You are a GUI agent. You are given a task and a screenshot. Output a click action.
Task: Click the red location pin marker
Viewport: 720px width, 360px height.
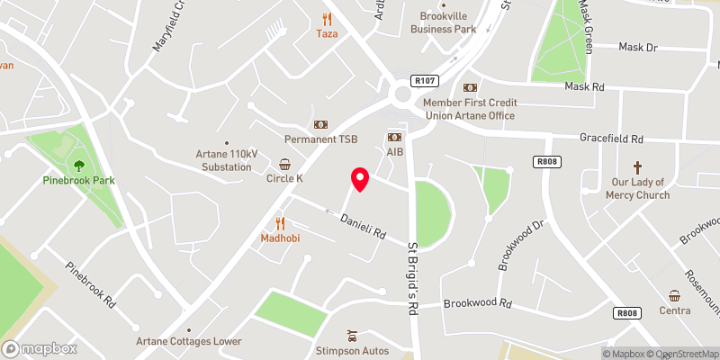[359, 179]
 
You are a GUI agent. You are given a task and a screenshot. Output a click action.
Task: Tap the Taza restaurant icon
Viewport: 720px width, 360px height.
[327, 18]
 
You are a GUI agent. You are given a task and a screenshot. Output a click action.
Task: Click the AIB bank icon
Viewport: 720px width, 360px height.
[394, 136]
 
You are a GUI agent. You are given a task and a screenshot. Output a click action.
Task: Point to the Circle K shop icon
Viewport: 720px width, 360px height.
[284, 164]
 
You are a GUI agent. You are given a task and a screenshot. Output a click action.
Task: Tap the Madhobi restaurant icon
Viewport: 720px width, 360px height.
[280, 222]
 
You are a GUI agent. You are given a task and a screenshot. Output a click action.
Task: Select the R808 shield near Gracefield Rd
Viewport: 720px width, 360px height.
[542, 162]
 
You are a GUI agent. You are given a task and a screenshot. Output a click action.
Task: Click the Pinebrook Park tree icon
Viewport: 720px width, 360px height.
[79, 165]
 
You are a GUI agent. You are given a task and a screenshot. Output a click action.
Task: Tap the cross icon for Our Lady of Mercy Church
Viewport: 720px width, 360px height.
[638, 167]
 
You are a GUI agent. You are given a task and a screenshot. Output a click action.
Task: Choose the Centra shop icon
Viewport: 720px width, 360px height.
[674, 295]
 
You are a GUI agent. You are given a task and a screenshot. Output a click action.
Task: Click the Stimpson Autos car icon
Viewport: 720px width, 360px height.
[351, 334]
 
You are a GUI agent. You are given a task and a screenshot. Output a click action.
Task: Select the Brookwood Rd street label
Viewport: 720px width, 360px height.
[477, 303]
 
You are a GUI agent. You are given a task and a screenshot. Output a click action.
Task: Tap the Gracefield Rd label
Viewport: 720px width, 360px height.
[611, 139]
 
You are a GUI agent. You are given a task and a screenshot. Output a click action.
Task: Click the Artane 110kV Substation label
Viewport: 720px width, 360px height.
[227, 160]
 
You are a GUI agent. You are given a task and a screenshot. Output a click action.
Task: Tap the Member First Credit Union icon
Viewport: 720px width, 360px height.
[470, 88]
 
